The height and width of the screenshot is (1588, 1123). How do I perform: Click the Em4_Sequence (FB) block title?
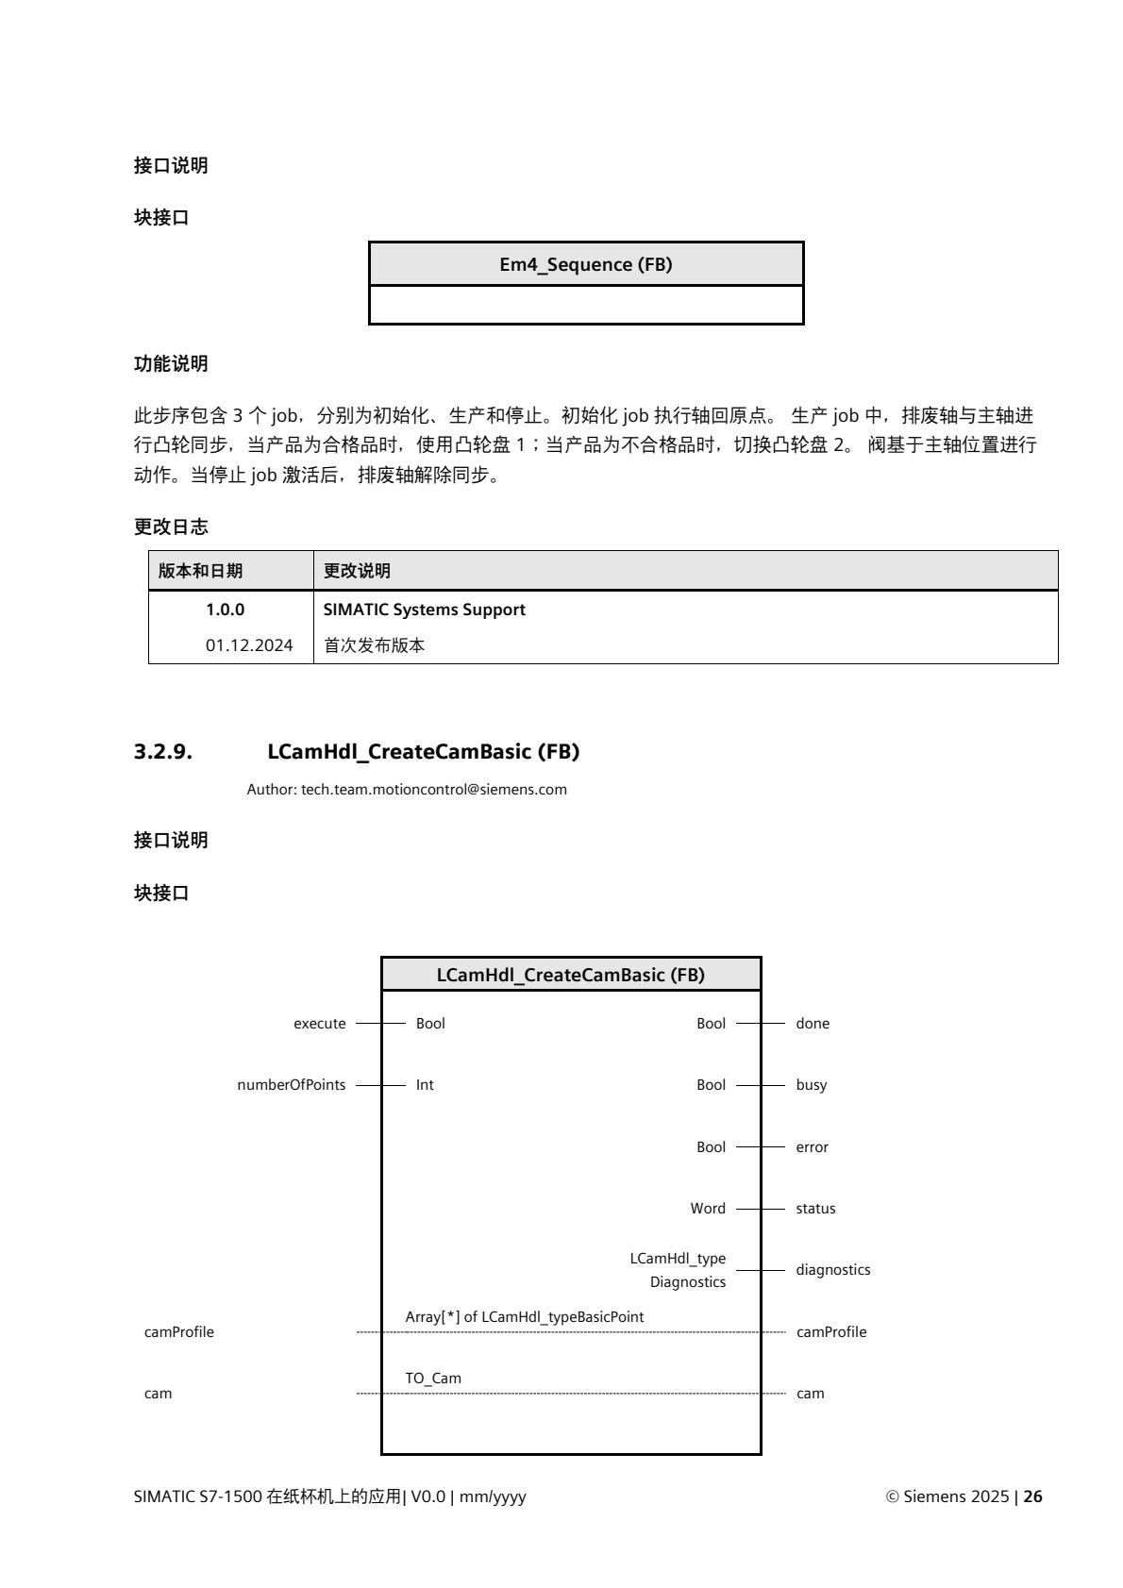coord(585,264)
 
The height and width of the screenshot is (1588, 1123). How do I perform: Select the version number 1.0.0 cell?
coord(225,610)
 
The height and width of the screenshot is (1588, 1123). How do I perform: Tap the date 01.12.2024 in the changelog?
coord(249,646)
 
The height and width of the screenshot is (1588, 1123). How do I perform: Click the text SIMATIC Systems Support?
coord(424,610)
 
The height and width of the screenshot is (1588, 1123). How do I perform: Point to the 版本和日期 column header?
coord(200,571)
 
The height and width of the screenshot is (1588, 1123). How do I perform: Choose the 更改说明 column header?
coord(357,571)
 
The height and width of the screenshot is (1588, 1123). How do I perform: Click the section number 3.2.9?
coord(163,752)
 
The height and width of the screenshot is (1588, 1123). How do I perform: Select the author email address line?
coord(407,789)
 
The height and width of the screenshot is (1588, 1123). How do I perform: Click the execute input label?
coord(320,1024)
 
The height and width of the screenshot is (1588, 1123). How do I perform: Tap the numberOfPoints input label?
coord(292,1085)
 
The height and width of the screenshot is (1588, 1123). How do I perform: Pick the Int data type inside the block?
coord(425,1085)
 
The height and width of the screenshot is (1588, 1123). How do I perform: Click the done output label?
coord(813,1024)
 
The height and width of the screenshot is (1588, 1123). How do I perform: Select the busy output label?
coord(811,1085)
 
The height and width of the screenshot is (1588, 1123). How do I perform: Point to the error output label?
coord(812,1147)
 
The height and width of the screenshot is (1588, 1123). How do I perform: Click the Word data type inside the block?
coord(708,1209)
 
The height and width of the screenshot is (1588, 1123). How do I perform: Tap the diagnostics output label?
coord(832,1270)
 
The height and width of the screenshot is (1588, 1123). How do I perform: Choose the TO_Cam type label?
coord(433,1379)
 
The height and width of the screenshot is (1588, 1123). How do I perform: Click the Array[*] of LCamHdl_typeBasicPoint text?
coord(525,1316)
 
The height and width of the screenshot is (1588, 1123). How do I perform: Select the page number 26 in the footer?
coord(1033,1496)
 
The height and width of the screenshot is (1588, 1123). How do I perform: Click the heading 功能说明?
coord(171,363)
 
